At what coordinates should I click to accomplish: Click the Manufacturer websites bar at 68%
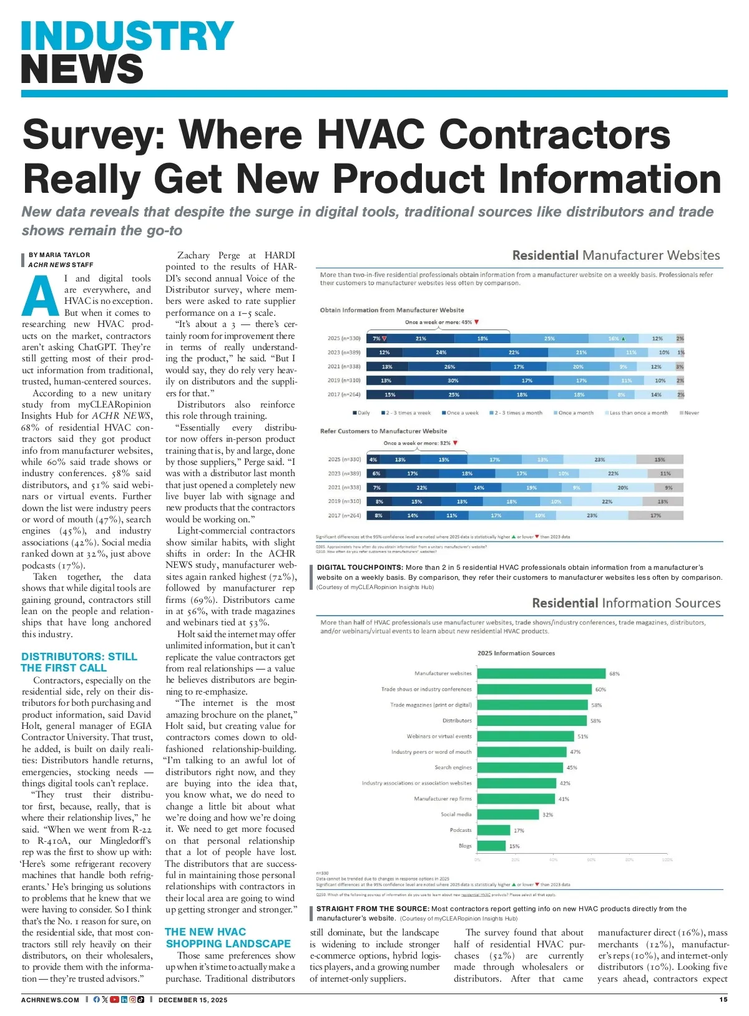point(541,673)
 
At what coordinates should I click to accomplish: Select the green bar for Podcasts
point(493,830)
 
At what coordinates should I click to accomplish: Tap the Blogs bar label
point(465,846)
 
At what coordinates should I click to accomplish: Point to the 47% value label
point(575,752)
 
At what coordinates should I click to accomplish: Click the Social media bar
point(507,814)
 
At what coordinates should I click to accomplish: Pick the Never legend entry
point(690,413)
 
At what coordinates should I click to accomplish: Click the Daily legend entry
point(361,413)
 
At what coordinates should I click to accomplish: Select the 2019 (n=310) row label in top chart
point(344,380)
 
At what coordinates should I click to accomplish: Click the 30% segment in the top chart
point(453,380)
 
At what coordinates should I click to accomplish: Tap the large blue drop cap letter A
point(40,297)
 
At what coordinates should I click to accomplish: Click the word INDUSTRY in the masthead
point(127,36)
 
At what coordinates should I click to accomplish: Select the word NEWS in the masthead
point(82,69)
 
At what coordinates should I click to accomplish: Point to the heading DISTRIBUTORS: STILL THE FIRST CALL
point(79,662)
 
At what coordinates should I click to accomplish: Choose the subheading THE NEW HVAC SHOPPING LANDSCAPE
point(228,938)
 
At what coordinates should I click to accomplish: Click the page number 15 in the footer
point(723,999)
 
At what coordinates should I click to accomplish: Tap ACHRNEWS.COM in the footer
point(50,1000)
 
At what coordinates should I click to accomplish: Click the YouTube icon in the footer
point(114,999)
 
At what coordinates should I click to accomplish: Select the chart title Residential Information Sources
point(626,603)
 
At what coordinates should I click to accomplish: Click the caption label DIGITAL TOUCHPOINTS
point(360,567)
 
